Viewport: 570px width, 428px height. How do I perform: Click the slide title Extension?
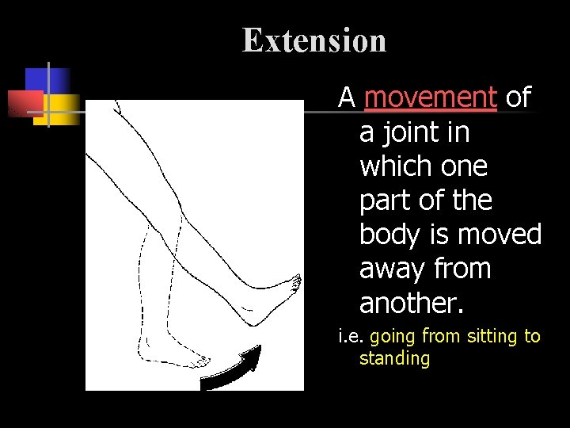pos(314,40)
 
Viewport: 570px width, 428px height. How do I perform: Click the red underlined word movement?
pos(431,97)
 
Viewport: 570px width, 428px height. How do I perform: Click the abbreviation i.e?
pos(350,336)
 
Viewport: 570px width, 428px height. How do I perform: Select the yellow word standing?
pos(394,358)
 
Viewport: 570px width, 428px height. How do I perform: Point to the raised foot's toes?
pos(295,281)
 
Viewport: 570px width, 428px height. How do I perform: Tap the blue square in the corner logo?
pos(47,80)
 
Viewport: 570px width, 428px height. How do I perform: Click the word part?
pos(386,201)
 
